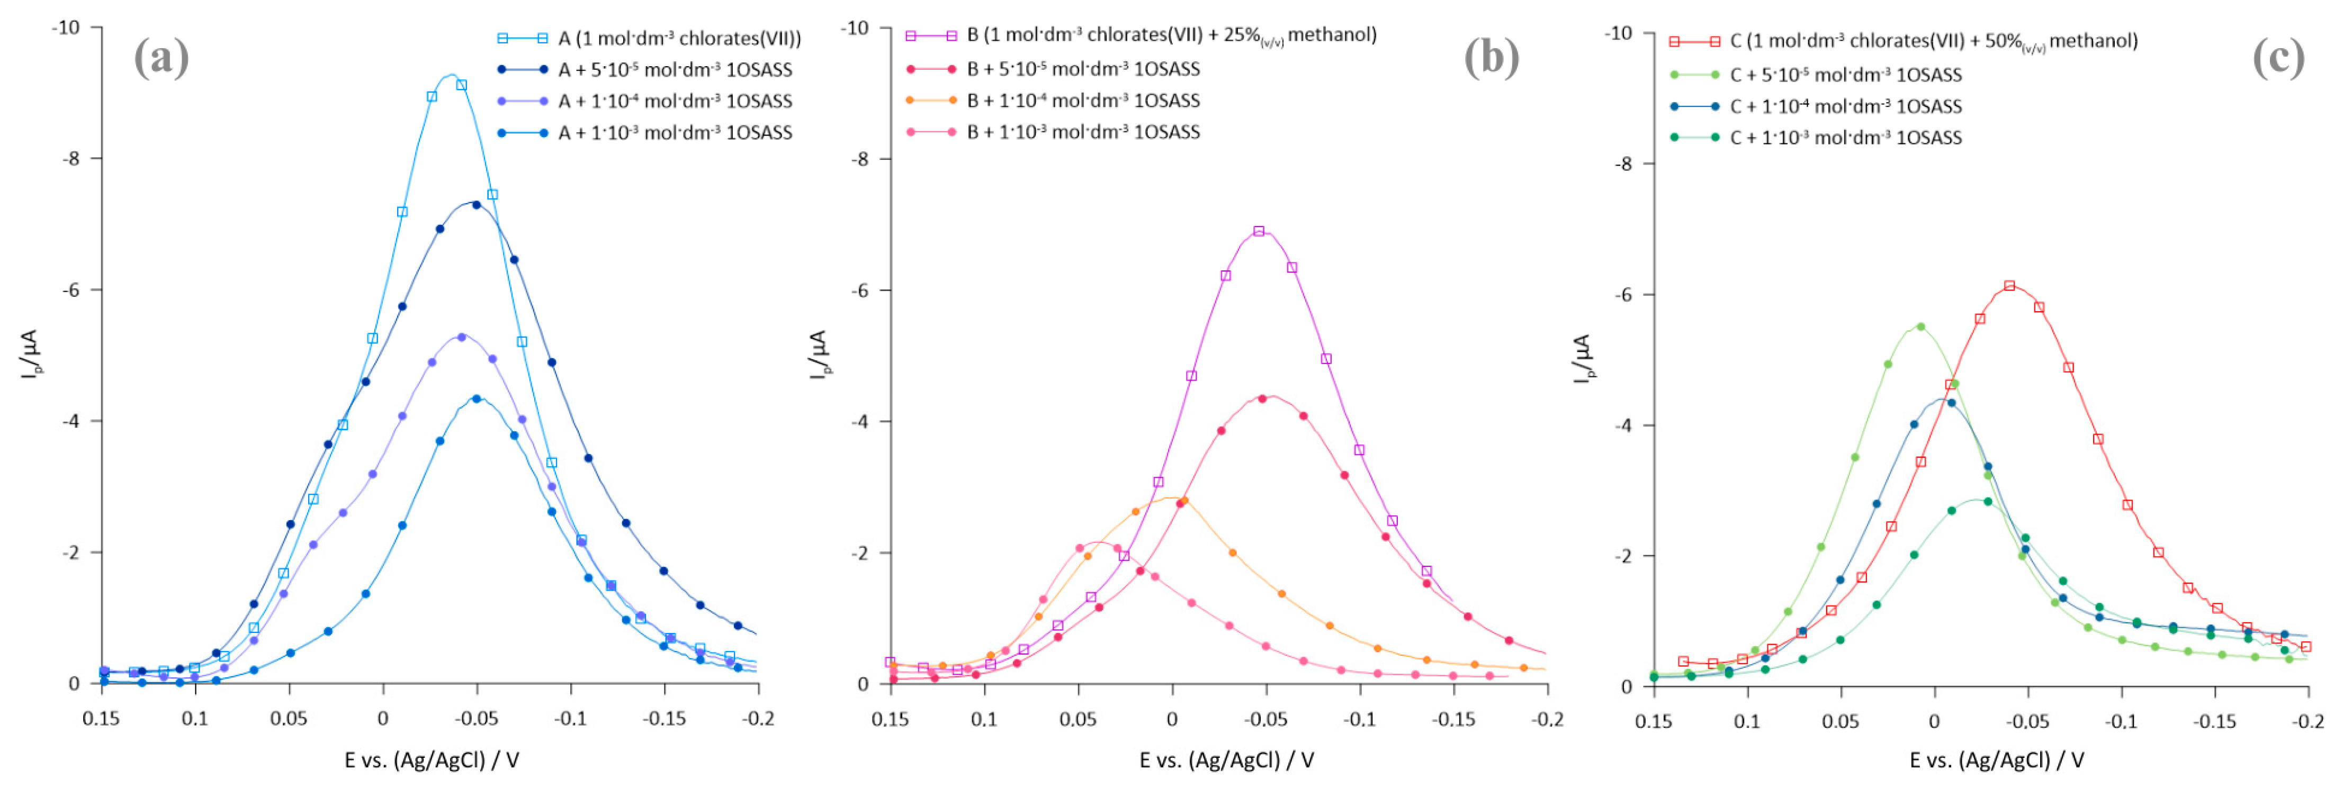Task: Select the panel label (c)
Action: pyautogui.click(x=2278, y=58)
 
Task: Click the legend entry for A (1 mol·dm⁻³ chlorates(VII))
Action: pyautogui.click(x=678, y=38)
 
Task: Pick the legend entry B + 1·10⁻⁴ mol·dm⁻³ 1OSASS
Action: pyautogui.click(x=1082, y=100)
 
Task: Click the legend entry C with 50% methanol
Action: pyautogui.click(x=1933, y=41)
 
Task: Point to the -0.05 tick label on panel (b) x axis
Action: pyautogui.click(x=1265, y=719)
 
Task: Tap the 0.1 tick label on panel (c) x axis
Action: pyautogui.click(x=1746, y=722)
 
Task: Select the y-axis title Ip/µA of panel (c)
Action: pyautogui.click(x=1583, y=358)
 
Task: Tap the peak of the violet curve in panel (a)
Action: pyautogui.click(x=461, y=336)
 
